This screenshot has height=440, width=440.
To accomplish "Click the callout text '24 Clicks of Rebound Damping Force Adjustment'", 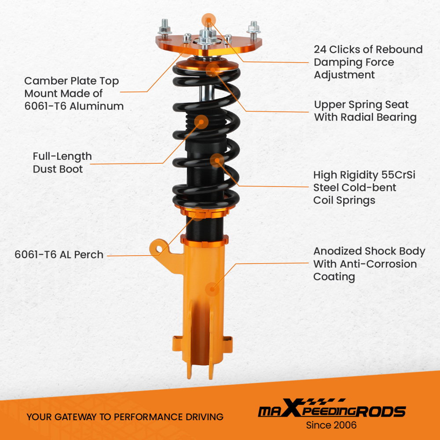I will (x=368, y=62).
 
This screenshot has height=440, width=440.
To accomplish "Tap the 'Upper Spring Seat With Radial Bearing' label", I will (x=365, y=111).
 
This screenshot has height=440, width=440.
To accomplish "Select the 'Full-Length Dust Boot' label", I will (x=62, y=162).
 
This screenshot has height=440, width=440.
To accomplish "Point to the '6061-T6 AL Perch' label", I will (x=59, y=254).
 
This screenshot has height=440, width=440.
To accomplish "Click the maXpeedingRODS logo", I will (x=331, y=411).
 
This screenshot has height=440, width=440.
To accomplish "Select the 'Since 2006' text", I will (x=331, y=425).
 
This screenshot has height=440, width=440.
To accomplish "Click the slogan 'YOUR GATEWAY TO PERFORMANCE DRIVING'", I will (x=125, y=417).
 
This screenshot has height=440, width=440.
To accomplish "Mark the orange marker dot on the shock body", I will (x=213, y=289).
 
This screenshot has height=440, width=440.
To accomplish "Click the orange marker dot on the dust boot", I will (x=201, y=122).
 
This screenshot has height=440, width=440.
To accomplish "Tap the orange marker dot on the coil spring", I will (x=217, y=161).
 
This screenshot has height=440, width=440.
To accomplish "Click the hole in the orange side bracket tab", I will (x=159, y=249).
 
